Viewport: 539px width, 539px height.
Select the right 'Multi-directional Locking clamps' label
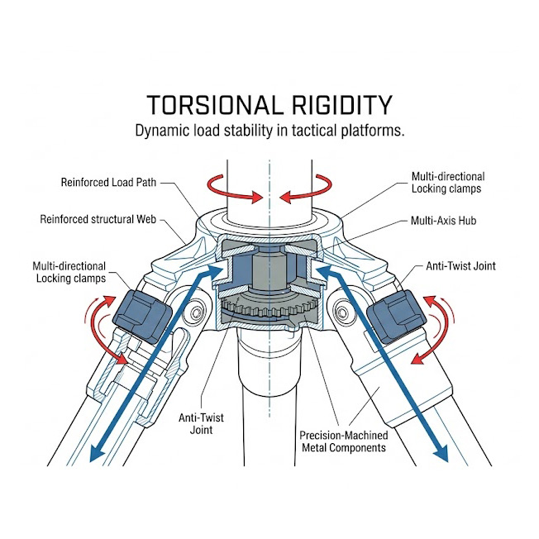448,184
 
